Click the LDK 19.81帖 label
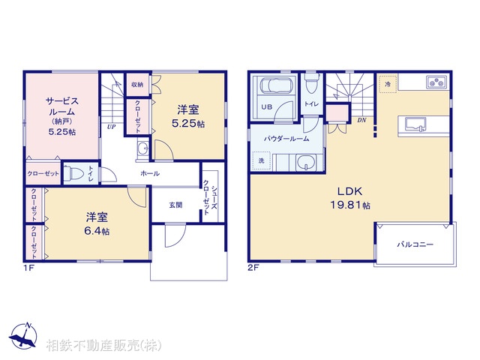point(350,198)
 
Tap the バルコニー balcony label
point(415,244)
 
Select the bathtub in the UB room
point(273,85)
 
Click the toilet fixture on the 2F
point(311,83)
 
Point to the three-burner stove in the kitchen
point(436,82)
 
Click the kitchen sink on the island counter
point(415,124)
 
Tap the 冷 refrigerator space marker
point(388,83)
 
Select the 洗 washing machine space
point(261,160)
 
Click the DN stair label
point(361,120)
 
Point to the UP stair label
point(112,127)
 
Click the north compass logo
point(24,336)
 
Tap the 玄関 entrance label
point(175,205)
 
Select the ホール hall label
point(150,173)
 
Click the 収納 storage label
point(137,85)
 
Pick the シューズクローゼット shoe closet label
point(210,196)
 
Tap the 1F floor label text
point(28,268)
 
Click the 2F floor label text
point(253,268)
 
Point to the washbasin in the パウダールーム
point(304,162)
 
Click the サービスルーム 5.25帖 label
point(62,116)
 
